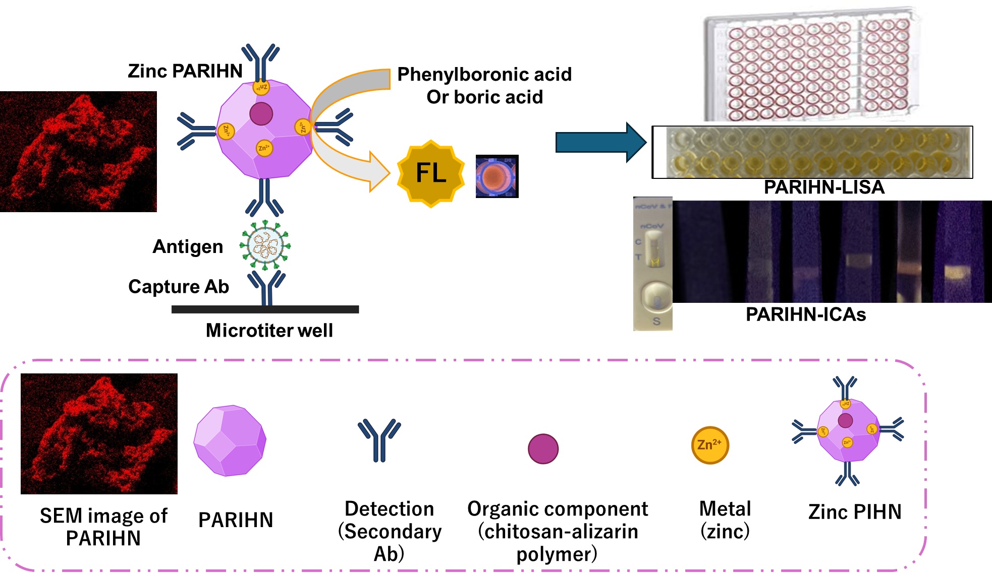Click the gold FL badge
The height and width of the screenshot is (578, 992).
pos(431,173)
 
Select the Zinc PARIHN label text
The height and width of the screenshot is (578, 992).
pos(185,71)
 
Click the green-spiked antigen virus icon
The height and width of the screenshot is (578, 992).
pos(265,245)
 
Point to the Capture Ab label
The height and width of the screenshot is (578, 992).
pos(179,286)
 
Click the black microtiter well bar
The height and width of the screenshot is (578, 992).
pos(265,309)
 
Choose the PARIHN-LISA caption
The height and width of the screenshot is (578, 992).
pos(824,187)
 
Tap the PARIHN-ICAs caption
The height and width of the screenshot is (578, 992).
pos(806,314)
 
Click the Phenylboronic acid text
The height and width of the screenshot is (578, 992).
pos(484,75)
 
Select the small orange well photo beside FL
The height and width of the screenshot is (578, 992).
pos(497,176)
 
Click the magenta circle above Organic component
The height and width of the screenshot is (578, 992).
pos(543,448)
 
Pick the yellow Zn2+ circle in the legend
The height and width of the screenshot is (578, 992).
pos(709,445)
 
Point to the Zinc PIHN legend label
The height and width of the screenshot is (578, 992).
pos(855,512)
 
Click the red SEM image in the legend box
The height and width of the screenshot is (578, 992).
pos(99,433)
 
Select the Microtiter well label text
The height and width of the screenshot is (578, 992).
pos(269,331)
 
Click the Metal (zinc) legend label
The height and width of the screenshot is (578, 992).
pos(725,520)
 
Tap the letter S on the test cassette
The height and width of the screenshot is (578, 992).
pos(656,321)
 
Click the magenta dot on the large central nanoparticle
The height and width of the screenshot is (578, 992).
pos(261,114)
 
